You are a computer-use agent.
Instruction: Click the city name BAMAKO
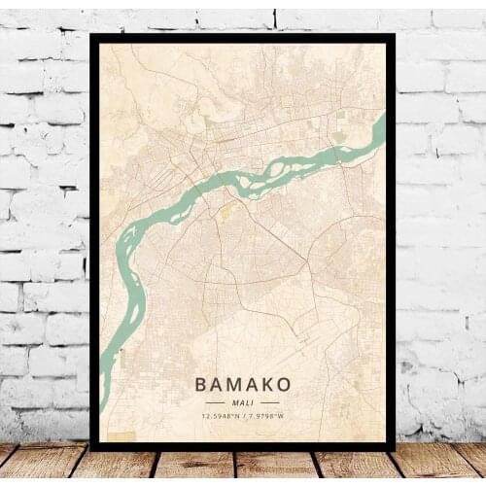point(242,384)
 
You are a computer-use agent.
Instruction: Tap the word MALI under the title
point(242,401)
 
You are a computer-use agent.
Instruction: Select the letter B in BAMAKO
point(201,384)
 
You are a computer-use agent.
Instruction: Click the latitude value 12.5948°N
point(222,417)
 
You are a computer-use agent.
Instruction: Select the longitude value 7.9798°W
point(264,417)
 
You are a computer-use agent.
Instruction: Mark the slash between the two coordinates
point(243,417)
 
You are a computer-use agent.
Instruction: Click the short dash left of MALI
point(217,401)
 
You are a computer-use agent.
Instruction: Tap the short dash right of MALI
point(269,401)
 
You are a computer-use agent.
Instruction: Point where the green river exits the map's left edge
point(102,374)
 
